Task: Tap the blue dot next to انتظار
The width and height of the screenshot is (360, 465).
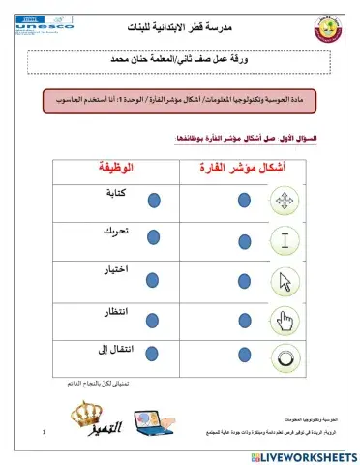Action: tap(154, 321)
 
